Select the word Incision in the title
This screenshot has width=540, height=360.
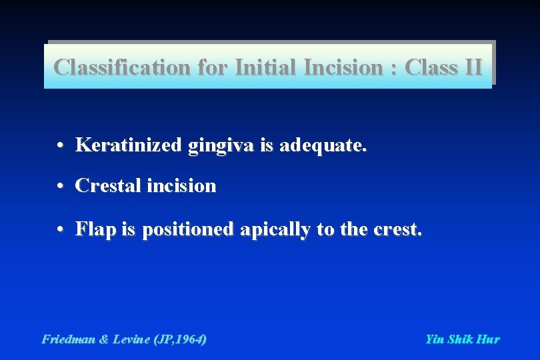(x=345, y=67)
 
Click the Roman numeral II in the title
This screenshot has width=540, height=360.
(x=471, y=67)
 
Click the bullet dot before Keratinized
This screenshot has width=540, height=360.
(x=60, y=145)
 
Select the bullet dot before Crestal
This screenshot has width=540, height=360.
(x=60, y=186)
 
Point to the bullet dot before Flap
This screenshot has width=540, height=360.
(x=60, y=230)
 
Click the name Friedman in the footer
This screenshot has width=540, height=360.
(x=69, y=339)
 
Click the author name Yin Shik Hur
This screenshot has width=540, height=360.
(x=462, y=339)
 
